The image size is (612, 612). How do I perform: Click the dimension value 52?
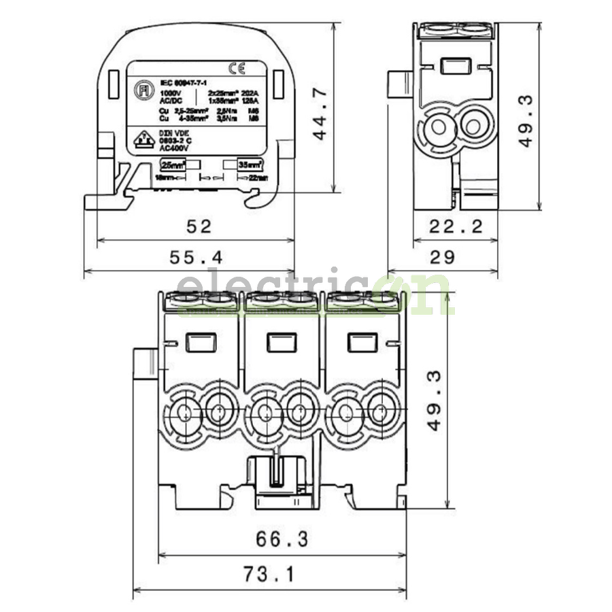(x=198, y=226)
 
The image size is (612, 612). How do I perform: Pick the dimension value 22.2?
(x=456, y=226)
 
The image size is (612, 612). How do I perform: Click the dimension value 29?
(x=443, y=257)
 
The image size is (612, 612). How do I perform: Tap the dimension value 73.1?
(x=269, y=575)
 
